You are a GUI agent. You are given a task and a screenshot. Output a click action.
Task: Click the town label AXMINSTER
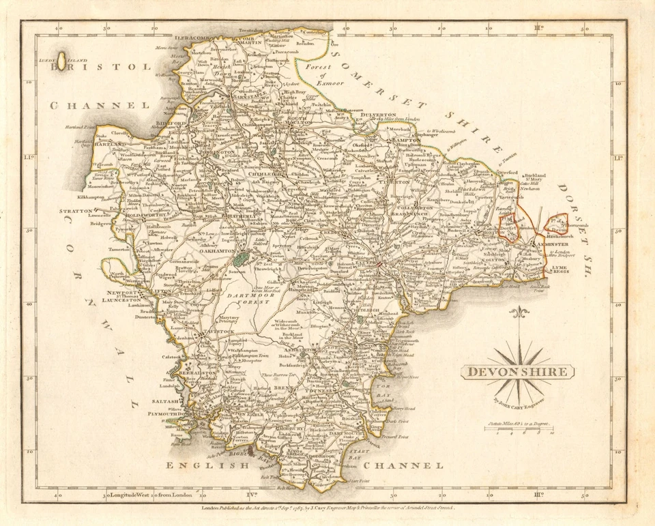[x=564, y=242]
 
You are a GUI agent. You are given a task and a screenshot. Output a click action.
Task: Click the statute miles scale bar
[x=522, y=431]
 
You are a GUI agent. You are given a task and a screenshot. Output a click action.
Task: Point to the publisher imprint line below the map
[x=328, y=508]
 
